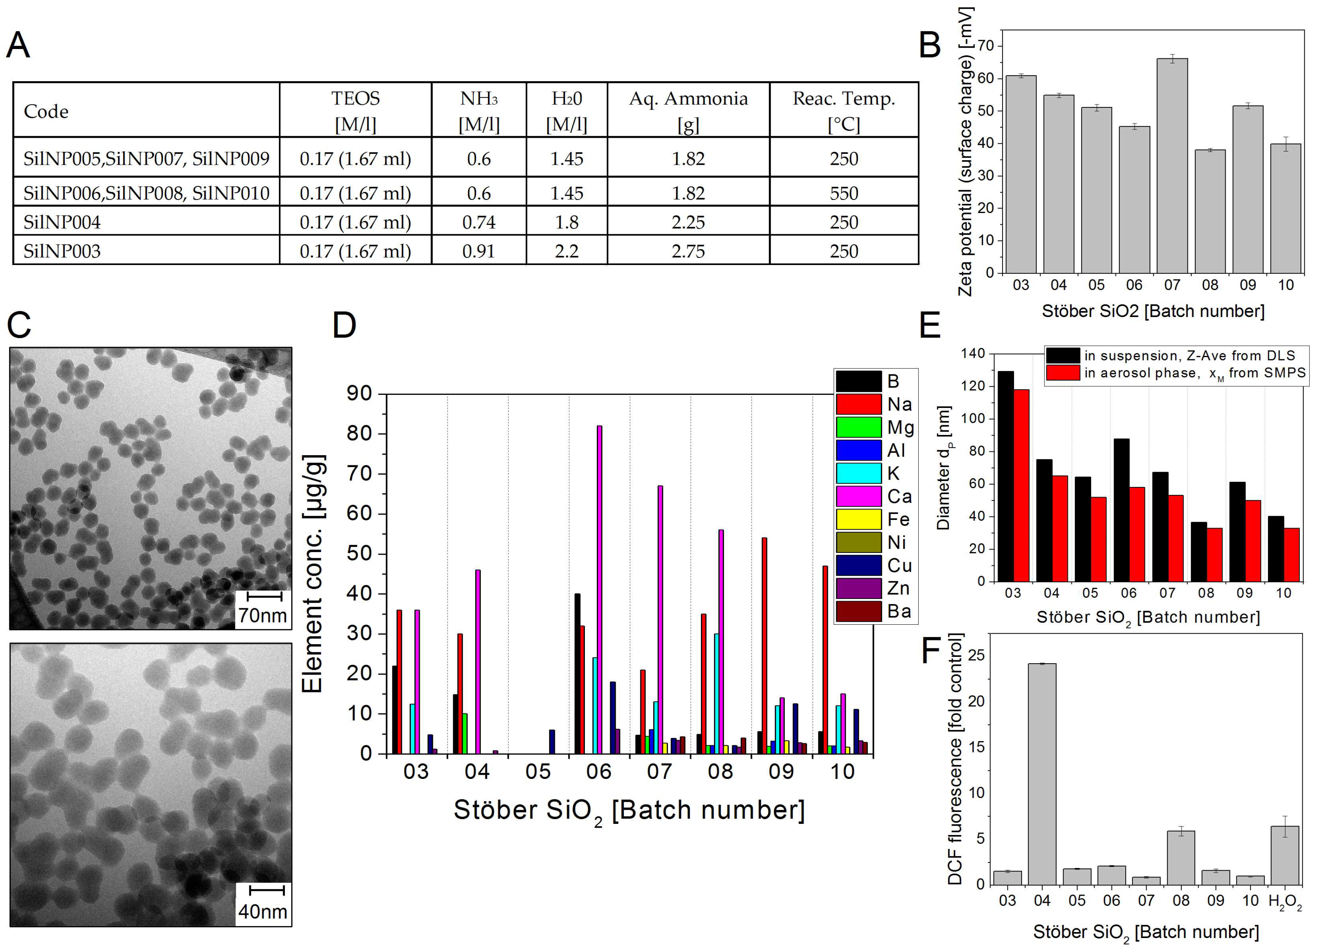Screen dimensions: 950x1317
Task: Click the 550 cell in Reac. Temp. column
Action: tap(843, 193)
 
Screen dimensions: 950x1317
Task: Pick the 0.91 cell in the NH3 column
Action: tap(479, 251)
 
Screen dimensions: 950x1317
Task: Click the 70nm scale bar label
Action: tap(263, 615)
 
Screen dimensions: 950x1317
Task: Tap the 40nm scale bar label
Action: tap(263, 911)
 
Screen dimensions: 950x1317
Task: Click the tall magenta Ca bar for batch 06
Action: tap(599, 589)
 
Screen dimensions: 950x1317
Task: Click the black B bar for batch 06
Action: tap(577, 673)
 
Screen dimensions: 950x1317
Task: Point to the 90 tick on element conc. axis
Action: tap(359, 393)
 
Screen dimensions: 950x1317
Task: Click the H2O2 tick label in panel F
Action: tap(1284, 901)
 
